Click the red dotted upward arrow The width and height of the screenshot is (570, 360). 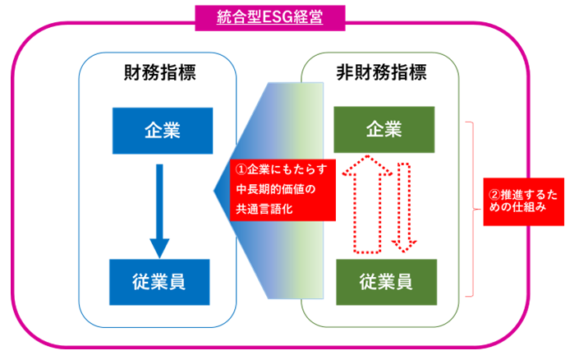coord(356,205)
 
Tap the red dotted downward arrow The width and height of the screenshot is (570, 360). coord(404,205)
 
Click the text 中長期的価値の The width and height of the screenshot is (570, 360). coord(274,189)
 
